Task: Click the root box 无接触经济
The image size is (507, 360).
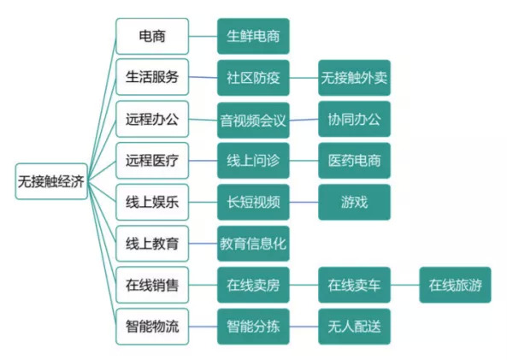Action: [x=51, y=181]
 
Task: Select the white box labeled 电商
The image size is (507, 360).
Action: [x=152, y=36]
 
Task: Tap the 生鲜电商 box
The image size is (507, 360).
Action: [x=253, y=36]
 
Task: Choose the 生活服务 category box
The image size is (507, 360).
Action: [x=152, y=77]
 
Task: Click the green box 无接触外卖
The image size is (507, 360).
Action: [x=354, y=78]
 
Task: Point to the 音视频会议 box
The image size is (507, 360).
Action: [x=253, y=120]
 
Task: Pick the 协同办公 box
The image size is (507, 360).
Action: [x=354, y=119]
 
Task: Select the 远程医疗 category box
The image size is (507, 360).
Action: [x=152, y=161]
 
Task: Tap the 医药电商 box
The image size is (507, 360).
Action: [x=354, y=161]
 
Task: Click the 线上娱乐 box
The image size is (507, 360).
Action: [x=152, y=202]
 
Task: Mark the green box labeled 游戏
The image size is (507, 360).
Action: [x=354, y=202]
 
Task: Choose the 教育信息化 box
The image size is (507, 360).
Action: [x=253, y=244]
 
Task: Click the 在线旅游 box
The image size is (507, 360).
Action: [x=455, y=285]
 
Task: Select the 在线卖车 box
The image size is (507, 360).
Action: [x=354, y=285]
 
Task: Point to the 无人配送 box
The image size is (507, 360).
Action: [x=354, y=327]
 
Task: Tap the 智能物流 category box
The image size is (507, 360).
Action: [x=152, y=327]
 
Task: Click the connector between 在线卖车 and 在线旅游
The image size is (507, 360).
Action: [x=404, y=285]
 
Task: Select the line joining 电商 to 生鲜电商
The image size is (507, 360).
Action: [x=203, y=36]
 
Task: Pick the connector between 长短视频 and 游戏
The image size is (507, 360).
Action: [x=304, y=202]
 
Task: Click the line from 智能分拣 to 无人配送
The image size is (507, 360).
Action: [x=304, y=327]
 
